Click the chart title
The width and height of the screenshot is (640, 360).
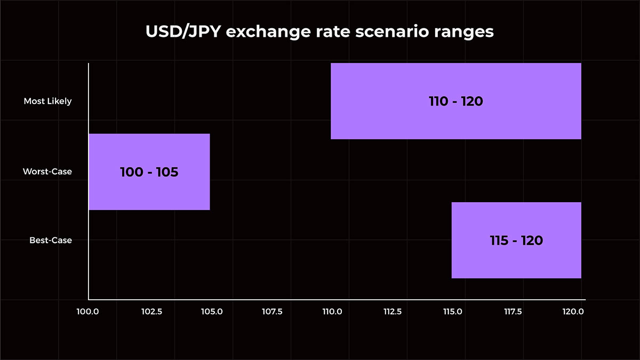pyautogui.click(x=320, y=32)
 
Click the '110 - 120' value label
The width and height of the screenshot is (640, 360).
pyautogui.click(x=455, y=101)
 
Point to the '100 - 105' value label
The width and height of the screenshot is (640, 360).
pyautogui.click(x=149, y=172)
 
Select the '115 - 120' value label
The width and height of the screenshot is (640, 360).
pyautogui.click(x=516, y=241)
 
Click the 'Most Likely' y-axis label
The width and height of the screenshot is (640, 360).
pyautogui.click(x=47, y=101)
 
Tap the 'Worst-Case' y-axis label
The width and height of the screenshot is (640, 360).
pyautogui.click(x=47, y=172)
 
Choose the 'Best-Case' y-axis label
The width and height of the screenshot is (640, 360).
pyautogui.click(x=51, y=241)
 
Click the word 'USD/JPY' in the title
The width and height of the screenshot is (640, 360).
pyautogui.click(x=183, y=32)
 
